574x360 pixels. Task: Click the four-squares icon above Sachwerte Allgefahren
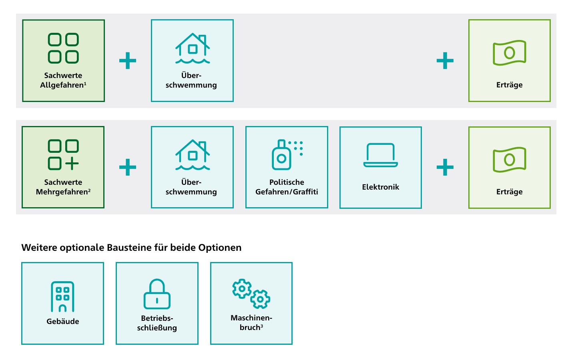coord(63,48)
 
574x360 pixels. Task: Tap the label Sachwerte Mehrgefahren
coord(63,187)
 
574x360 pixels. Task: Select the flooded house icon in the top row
coord(193,48)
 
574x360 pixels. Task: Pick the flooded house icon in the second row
coord(193,155)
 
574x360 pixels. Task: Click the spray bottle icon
coord(287,155)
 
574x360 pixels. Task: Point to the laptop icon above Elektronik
coord(381,155)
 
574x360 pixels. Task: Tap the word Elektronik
coord(381,187)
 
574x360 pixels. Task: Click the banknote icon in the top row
coord(510,52)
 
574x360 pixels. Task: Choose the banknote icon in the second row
coord(510,160)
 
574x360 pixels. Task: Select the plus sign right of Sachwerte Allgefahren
coord(128,61)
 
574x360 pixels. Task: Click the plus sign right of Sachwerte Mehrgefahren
coord(128,167)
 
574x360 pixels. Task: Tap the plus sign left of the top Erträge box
coord(445,61)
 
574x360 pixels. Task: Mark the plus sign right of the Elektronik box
coord(445,167)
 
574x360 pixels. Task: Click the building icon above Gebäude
coord(62,297)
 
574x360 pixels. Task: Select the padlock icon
coord(157,294)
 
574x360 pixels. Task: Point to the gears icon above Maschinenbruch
coord(251,294)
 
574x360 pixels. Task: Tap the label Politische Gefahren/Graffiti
coord(287,187)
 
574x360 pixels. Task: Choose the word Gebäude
coord(63,321)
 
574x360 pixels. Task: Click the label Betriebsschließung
coord(157,323)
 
